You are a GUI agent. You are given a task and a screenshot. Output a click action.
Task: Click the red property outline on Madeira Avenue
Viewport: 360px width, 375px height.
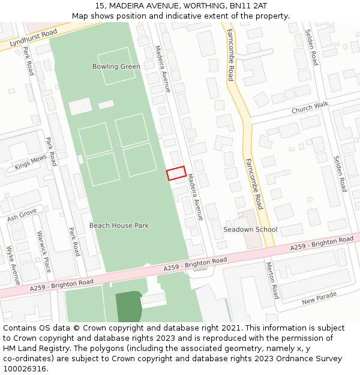pyautogui.click(x=175, y=173)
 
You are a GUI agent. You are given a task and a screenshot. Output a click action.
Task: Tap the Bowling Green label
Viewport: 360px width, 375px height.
pyautogui.click(x=116, y=67)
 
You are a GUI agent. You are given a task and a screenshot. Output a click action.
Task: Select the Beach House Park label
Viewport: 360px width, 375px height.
pyautogui.click(x=119, y=226)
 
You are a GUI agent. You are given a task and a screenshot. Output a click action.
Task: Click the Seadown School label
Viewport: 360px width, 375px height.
pyautogui.click(x=250, y=230)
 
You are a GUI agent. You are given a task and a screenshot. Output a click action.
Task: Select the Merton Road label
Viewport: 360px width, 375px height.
pyautogui.click(x=272, y=280)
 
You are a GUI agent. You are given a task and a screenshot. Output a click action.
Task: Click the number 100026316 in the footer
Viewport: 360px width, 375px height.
pyautogui.click(x=25, y=369)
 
